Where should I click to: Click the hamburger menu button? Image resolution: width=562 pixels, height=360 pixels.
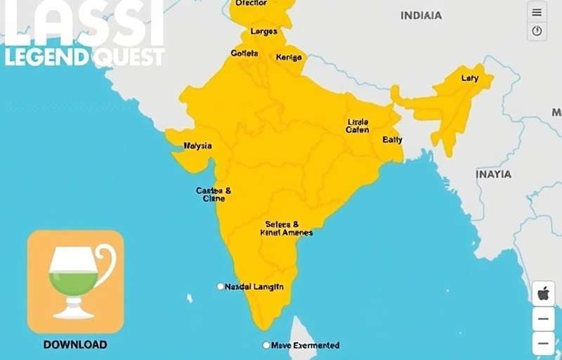click(537, 12)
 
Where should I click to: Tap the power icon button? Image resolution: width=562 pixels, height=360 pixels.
click(537, 31)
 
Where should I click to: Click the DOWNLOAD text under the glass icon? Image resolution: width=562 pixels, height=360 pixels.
click(75, 345)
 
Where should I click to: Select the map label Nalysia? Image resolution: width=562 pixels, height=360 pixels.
click(197, 146)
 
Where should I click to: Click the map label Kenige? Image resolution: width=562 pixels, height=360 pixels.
click(289, 57)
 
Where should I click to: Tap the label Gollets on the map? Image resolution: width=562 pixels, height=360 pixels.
click(244, 53)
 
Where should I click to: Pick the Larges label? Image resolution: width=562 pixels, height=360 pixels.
click(263, 32)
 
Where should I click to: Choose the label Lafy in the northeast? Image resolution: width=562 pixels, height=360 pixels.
click(469, 78)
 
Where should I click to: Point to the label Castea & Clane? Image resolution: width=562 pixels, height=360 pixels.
click(214, 194)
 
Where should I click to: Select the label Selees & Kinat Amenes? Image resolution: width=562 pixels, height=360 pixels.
click(286, 228)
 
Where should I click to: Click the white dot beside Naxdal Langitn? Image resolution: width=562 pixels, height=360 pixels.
click(220, 286)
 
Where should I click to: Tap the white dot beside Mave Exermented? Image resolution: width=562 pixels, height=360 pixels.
click(266, 345)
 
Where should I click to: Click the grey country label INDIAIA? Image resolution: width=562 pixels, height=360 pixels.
click(421, 15)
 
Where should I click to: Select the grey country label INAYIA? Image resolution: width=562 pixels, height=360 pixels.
click(494, 174)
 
